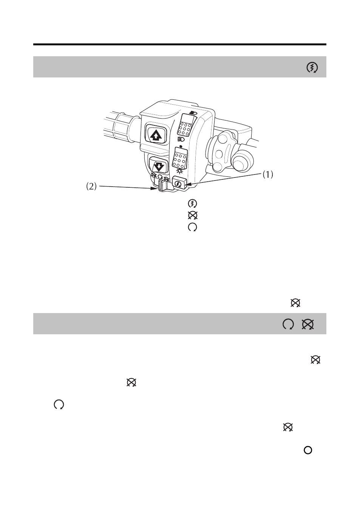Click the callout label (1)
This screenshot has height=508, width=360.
pyautogui.click(x=268, y=174)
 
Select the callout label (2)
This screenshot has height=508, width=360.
pyautogui.click(x=91, y=187)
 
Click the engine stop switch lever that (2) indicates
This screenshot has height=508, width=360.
pyautogui.click(x=162, y=185)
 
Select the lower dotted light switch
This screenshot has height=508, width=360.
pyautogui.click(x=180, y=159)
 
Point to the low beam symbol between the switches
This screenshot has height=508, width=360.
pyautogui.click(x=181, y=139)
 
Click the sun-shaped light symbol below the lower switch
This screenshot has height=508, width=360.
pyautogui.click(x=179, y=171)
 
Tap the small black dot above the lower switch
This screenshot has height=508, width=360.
pyautogui.click(x=181, y=146)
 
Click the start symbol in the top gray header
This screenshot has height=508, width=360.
pyautogui.click(x=312, y=68)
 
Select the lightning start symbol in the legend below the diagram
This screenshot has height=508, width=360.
pyautogui.click(x=193, y=204)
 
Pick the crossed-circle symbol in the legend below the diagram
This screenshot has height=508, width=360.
pyautogui.click(x=193, y=215)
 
